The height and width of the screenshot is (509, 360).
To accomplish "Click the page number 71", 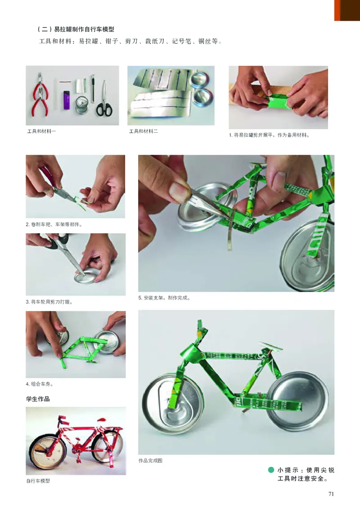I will (x=331, y=494).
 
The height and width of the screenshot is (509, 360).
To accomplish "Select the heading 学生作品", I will (x=38, y=398).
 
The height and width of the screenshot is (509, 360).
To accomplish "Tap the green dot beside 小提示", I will (x=271, y=470).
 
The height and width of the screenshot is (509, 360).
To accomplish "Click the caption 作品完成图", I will (x=150, y=461).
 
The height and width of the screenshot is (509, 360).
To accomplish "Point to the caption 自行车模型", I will (x=38, y=481).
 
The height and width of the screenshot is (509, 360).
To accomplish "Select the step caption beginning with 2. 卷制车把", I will (x=54, y=224).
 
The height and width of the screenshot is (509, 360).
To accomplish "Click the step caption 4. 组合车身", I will (x=44, y=384).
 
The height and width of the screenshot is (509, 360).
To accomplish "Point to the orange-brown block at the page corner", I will (x=347, y=10).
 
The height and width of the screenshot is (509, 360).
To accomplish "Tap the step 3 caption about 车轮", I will (x=49, y=302).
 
